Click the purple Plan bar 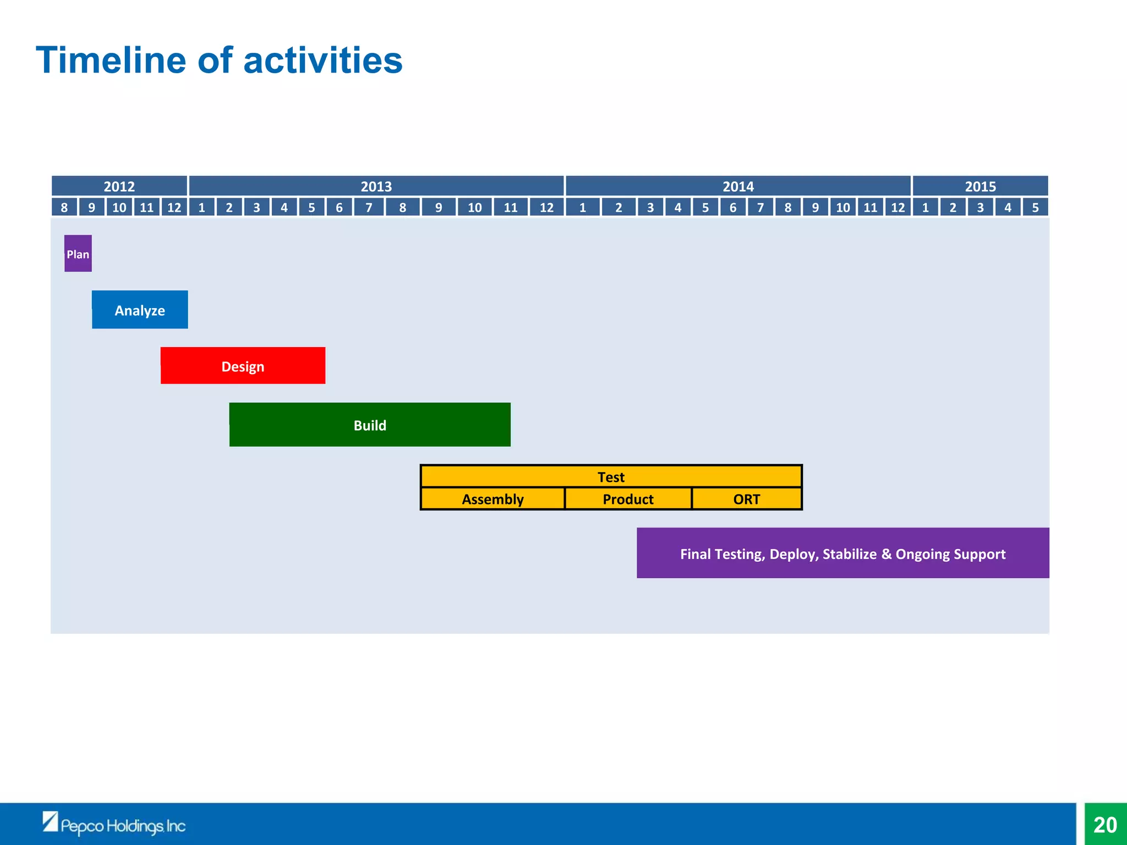point(78,254)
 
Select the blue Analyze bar point(140,310)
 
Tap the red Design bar point(243,366)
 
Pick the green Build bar point(370,425)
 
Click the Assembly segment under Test point(493,499)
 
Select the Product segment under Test point(628,499)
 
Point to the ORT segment point(746,499)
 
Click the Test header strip point(611,476)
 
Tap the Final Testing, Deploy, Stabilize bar point(842,553)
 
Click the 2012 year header point(119,186)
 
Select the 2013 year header point(376,186)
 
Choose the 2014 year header point(738,186)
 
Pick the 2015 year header point(980,186)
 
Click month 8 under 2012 point(64,207)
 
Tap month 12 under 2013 point(546,207)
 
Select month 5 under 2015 point(1035,207)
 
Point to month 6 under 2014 point(732,207)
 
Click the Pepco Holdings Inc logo point(114,824)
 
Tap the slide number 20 point(1105,825)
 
